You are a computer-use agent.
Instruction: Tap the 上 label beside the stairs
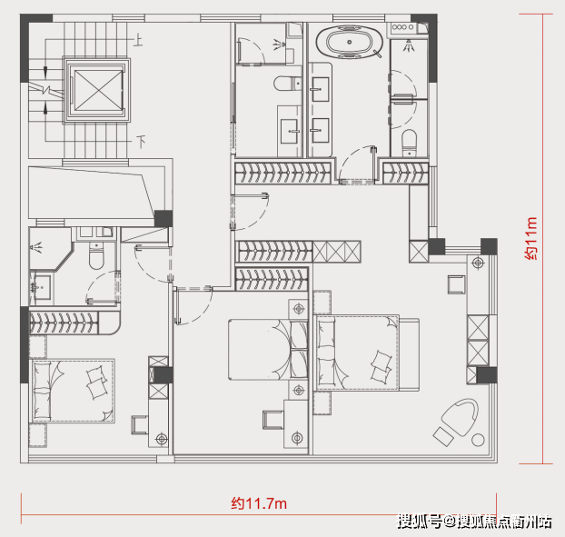pyautogui.click(x=139, y=40)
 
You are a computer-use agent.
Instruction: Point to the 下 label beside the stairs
pyautogui.click(x=141, y=141)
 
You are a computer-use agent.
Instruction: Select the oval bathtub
pyautogui.click(x=349, y=42)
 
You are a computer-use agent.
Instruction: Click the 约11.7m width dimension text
pyautogui.click(x=259, y=503)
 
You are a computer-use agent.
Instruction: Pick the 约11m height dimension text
pyautogui.click(x=530, y=238)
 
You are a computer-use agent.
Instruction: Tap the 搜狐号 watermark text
pyautogui.click(x=420, y=522)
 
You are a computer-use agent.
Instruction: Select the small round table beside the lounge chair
pyautogui.click(x=478, y=440)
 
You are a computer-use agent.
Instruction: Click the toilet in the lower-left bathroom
pyautogui.click(x=96, y=255)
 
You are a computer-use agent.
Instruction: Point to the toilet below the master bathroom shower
pyautogui.click(x=409, y=143)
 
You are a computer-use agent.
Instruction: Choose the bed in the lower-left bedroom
pyautogui.click(x=73, y=391)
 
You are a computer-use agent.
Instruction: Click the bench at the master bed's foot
pyautogui.click(x=409, y=354)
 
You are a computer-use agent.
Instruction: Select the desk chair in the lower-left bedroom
pyautogui.click(x=140, y=425)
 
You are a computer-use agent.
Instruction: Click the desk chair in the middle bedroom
pyautogui.click(x=273, y=420)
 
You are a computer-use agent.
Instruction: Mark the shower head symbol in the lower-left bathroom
pyautogui.click(x=36, y=247)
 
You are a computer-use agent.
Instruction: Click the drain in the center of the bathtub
pyautogui.click(x=349, y=42)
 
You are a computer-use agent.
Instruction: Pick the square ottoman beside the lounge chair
pyautogui.click(x=443, y=436)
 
